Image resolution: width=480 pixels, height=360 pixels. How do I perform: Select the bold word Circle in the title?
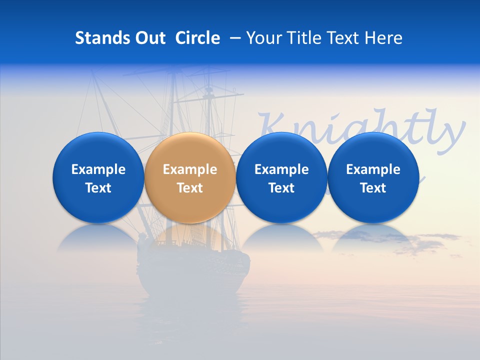tap(197, 38)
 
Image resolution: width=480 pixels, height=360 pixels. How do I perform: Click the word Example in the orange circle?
tap(190, 169)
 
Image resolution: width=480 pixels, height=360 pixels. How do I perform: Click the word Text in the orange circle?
tap(190, 188)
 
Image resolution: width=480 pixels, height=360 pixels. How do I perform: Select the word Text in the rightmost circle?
tap(373, 188)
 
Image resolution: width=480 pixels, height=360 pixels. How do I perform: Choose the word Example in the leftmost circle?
tap(98, 169)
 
